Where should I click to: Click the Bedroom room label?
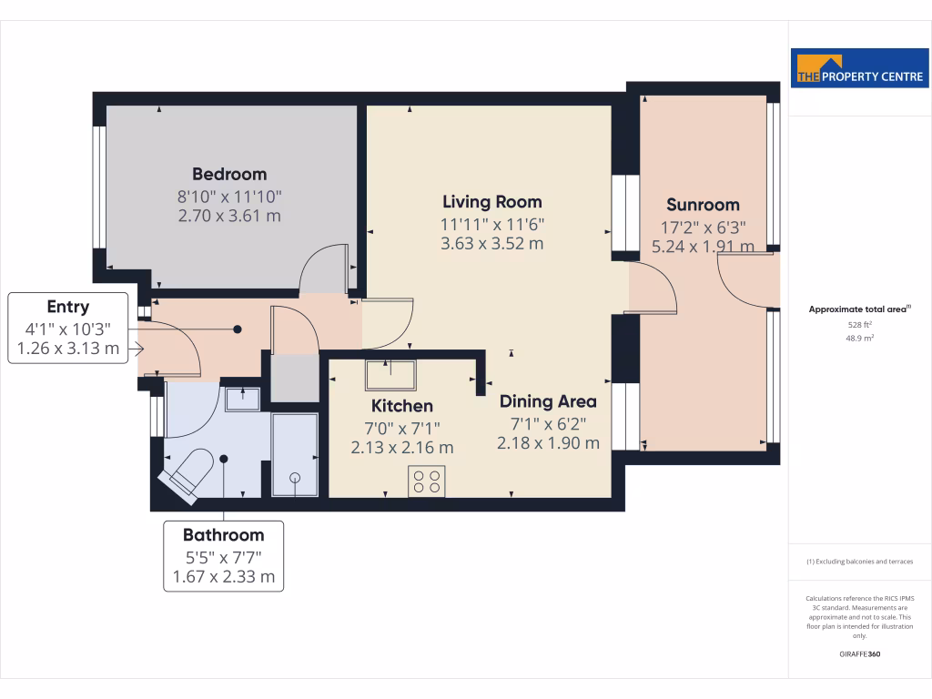click(x=228, y=174)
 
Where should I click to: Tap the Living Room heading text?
click(x=491, y=202)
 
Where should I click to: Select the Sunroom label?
click(x=703, y=205)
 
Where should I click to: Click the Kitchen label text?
click(x=401, y=406)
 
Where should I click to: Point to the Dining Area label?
click(x=547, y=401)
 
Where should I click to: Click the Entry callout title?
click(x=67, y=307)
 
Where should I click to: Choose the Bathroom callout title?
click(x=223, y=535)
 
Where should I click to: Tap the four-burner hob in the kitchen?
click(x=427, y=481)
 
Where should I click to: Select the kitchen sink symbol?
click(x=390, y=375)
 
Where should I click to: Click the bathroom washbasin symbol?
click(x=242, y=399)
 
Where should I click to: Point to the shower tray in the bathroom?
click(x=295, y=455)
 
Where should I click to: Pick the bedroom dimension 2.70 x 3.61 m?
click(x=228, y=216)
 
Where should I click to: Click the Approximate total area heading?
click(x=858, y=309)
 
